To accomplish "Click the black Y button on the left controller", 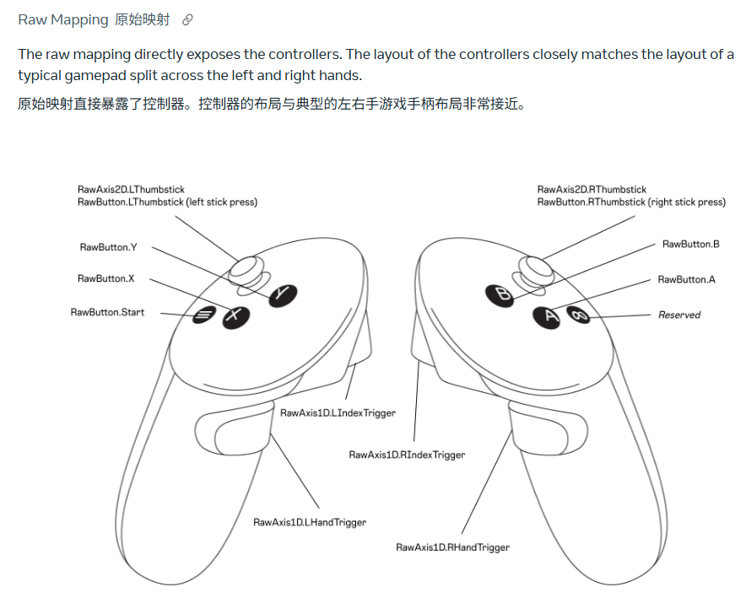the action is tap(283, 294).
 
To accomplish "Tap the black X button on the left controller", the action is tap(236, 316).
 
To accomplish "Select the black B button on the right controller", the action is tap(500, 294).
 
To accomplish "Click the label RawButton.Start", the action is tap(107, 312).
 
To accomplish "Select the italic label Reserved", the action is tap(679, 315).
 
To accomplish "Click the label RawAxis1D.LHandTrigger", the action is tap(310, 522).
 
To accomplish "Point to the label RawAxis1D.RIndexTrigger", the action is tap(407, 455).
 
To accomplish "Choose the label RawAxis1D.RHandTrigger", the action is tap(452, 547).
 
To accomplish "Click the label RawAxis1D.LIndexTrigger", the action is tap(338, 412).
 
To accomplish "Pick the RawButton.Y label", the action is tap(108, 247).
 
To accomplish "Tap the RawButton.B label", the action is tap(690, 244).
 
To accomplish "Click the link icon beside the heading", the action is tap(187, 19).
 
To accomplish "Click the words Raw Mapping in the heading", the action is tap(63, 19).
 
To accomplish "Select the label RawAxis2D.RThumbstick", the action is tap(592, 190).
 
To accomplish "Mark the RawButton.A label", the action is tap(686, 279).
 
